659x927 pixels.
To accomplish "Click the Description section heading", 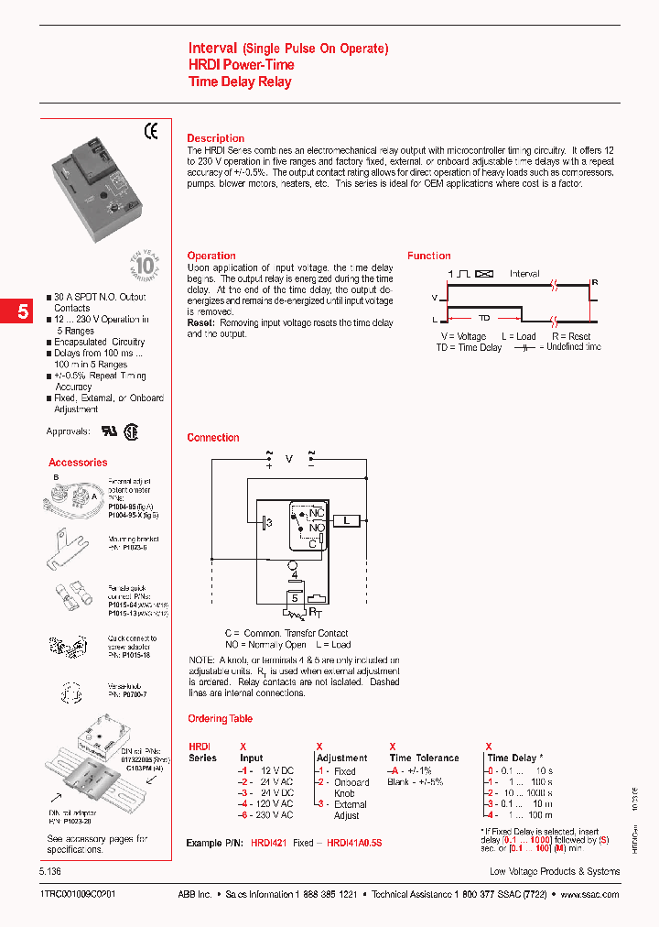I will pyautogui.click(x=215, y=138).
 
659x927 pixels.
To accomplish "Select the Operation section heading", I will pyautogui.click(x=211, y=256).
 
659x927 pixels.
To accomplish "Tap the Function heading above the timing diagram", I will pyautogui.click(x=428, y=256).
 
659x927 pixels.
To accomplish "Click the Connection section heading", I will pyautogui.click(x=213, y=438).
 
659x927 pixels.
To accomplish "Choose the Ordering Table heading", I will pyautogui.click(x=220, y=719).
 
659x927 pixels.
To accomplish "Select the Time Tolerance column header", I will pyautogui.click(x=424, y=758).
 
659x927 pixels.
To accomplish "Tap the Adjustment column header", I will pyautogui.click(x=341, y=758).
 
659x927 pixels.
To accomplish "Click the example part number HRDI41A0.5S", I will pyautogui.click(x=353, y=842).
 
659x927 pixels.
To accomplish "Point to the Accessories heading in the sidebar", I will pyautogui.click(x=78, y=463).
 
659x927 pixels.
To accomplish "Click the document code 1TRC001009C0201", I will pyautogui.click(x=78, y=894).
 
